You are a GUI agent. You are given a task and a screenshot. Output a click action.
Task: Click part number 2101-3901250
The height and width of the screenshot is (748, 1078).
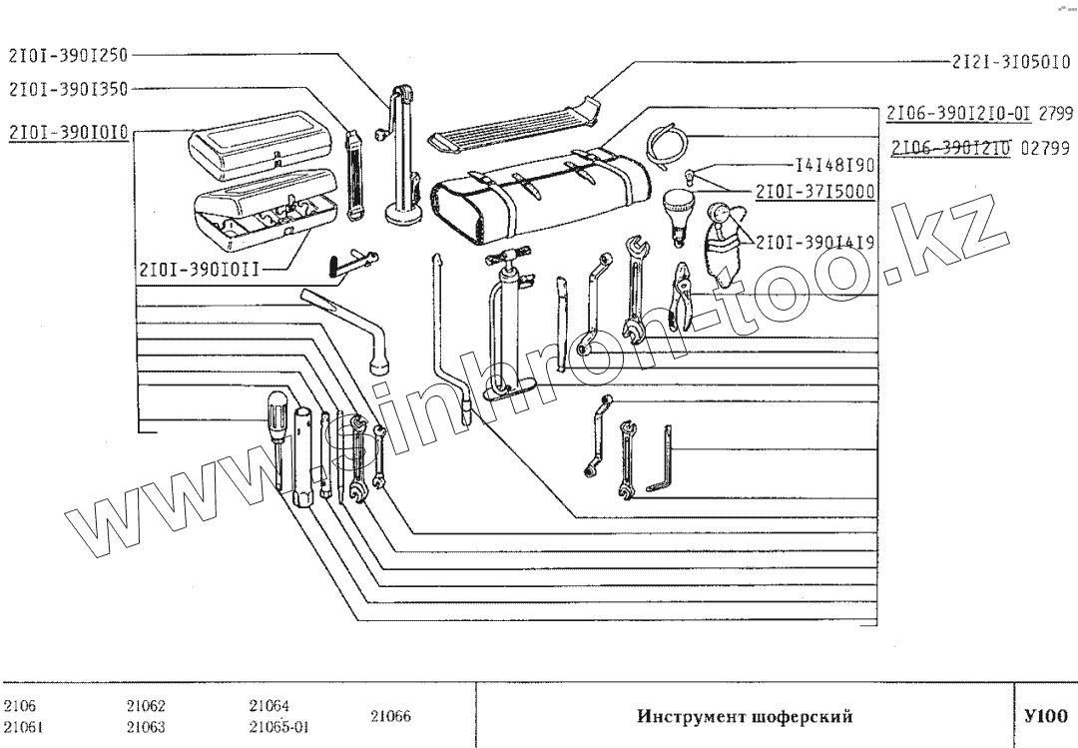69,55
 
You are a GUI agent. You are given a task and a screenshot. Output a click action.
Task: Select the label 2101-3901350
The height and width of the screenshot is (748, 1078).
69,88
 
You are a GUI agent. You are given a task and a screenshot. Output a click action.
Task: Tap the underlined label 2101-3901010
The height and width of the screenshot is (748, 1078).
69,131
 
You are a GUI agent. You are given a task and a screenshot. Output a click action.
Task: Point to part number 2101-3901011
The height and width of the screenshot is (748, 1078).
200,269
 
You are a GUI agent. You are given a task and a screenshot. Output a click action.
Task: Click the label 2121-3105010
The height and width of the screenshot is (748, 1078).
1011,62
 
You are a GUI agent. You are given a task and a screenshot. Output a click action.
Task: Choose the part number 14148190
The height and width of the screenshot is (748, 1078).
834,165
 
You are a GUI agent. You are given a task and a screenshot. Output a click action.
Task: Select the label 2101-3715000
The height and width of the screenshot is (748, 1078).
815,191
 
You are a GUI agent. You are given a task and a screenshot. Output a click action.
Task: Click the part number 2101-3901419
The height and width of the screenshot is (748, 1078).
815,243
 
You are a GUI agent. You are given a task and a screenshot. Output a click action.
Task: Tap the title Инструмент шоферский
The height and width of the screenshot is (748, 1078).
745,716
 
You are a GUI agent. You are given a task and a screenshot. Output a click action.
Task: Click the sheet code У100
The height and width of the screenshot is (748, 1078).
1046,716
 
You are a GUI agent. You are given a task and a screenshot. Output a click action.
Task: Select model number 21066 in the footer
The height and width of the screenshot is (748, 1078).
390,716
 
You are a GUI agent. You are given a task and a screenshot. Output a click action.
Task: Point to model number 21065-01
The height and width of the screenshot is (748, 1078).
277,727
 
